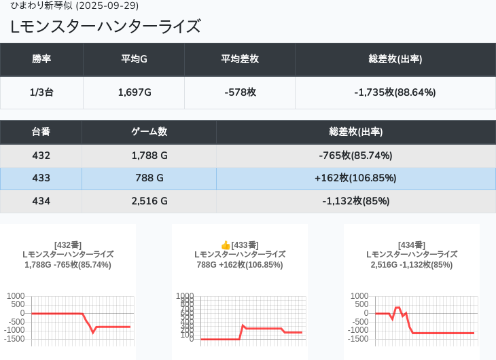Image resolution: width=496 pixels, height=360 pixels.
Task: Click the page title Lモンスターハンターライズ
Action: (x=106, y=26)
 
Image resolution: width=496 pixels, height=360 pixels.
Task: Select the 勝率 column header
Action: (x=41, y=59)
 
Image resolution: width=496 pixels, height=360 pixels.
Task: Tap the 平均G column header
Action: (x=134, y=59)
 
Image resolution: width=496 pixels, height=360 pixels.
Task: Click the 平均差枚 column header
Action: (x=240, y=59)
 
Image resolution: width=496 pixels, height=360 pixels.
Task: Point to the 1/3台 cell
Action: (x=41, y=92)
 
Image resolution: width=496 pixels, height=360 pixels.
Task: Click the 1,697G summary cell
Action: (x=134, y=92)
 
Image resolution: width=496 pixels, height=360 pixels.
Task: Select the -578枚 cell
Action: (x=240, y=92)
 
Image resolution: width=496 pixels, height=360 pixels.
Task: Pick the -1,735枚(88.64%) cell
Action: (x=395, y=92)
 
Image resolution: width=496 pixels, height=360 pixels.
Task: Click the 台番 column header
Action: (x=41, y=132)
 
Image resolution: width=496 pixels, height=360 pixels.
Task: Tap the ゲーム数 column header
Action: (x=149, y=132)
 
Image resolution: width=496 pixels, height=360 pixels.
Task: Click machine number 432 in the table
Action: (x=41, y=156)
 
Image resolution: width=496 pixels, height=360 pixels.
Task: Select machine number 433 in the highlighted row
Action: (x=41, y=179)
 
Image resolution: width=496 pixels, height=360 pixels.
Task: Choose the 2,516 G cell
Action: (x=149, y=201)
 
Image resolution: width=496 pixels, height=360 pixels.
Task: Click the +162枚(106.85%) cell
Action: (x=355, y=179)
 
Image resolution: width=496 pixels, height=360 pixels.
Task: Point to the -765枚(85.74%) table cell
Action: (x=355, y=156)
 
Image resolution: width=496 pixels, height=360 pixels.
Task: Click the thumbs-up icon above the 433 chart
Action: (x=226, y=245)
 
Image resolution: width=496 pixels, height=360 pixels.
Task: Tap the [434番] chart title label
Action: (x=412, y=245)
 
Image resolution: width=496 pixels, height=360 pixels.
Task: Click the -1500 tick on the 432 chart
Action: (x=16, y=339)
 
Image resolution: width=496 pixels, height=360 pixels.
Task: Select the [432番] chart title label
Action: (x=68, y=245)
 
